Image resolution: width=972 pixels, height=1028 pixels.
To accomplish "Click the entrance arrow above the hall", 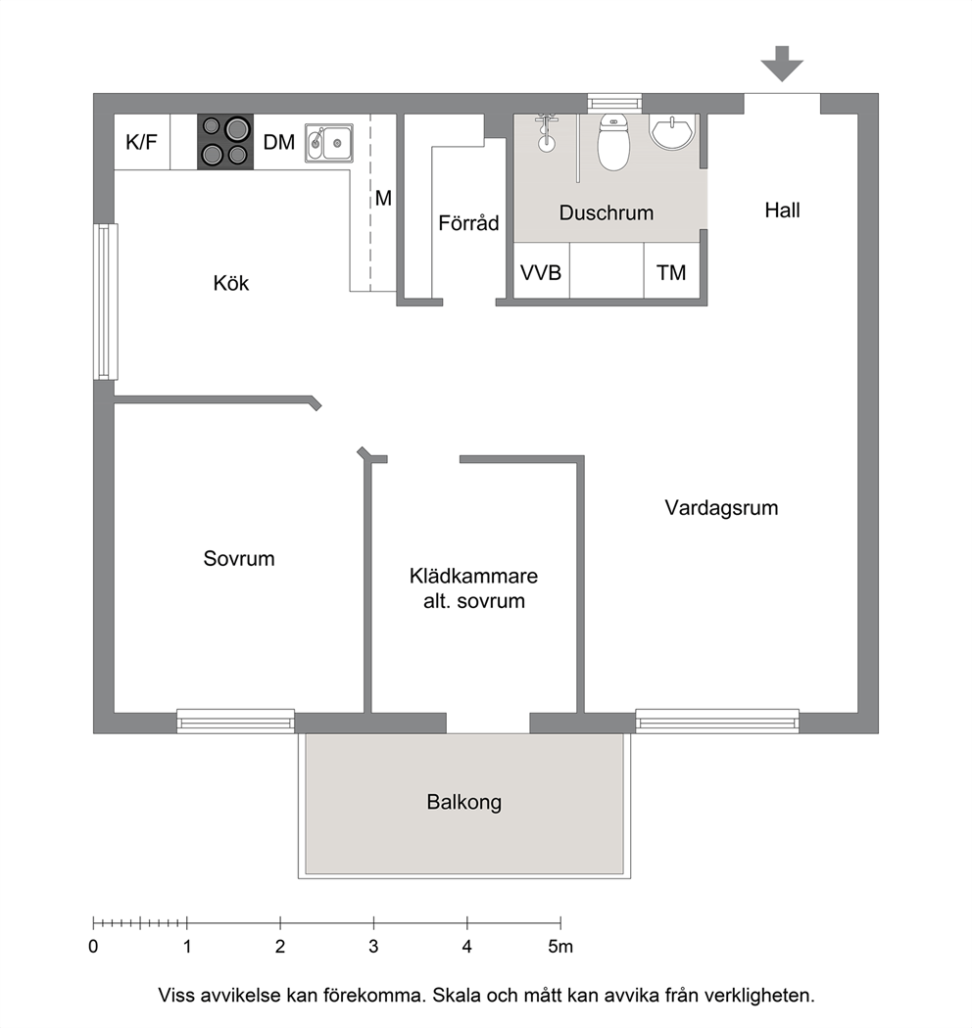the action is (x=782, y=64).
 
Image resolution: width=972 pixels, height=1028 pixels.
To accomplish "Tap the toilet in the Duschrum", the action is (x=613, y=142).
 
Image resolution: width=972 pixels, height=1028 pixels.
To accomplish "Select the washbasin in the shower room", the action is (x=671, y=132).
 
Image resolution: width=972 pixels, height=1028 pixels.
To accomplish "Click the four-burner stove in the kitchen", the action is (x=225, y=142).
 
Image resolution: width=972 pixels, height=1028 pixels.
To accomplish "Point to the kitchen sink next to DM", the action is (x=329, y=143).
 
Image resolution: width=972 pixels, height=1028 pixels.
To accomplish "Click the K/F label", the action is (x=141, y=142).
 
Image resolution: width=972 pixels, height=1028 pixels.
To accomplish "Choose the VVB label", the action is (x=541, y=272).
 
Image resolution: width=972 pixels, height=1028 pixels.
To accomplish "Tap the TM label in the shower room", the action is (x=671, y=272).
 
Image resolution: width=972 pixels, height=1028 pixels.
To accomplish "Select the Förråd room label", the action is (x=468, y=222).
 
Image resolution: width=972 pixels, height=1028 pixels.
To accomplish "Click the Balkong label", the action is (x=464, y=803).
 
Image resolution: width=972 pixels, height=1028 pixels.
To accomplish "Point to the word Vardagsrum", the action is (x=721, y=508).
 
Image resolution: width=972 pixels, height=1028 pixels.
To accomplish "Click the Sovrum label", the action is (x=239, y=559).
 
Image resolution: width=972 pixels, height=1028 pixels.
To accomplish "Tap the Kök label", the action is (x=231, y=283).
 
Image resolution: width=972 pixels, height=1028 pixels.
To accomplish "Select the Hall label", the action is (x=782, y=210).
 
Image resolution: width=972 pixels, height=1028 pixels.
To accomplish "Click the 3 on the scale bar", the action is (x=373, y=947).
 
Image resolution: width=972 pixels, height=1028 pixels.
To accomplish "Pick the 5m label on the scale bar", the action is (x=560, y=947).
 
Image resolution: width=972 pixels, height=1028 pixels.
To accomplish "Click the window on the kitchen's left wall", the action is (x=105, y=302).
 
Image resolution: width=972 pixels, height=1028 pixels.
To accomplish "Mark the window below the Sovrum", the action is (x=235, y=721).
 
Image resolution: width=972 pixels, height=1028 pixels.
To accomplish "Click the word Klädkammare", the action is (x=474, y=576).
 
